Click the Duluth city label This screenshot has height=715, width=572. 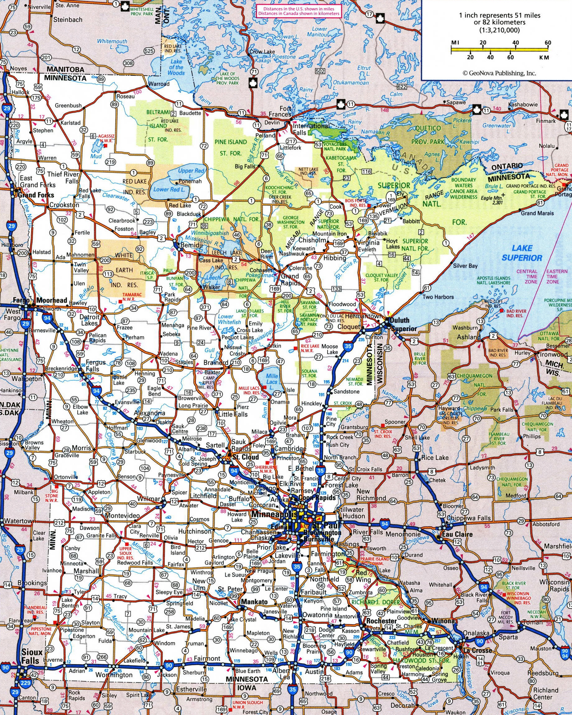pos(399,321)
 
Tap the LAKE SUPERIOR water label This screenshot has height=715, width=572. pos(522,253)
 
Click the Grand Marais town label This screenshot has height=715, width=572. pos(537,213)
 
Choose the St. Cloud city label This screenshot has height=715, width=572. pos(245,457)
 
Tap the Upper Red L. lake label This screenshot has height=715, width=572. pos(191,173)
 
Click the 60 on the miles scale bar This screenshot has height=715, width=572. pos(547,43)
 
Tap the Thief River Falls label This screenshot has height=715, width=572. pos(63,178)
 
